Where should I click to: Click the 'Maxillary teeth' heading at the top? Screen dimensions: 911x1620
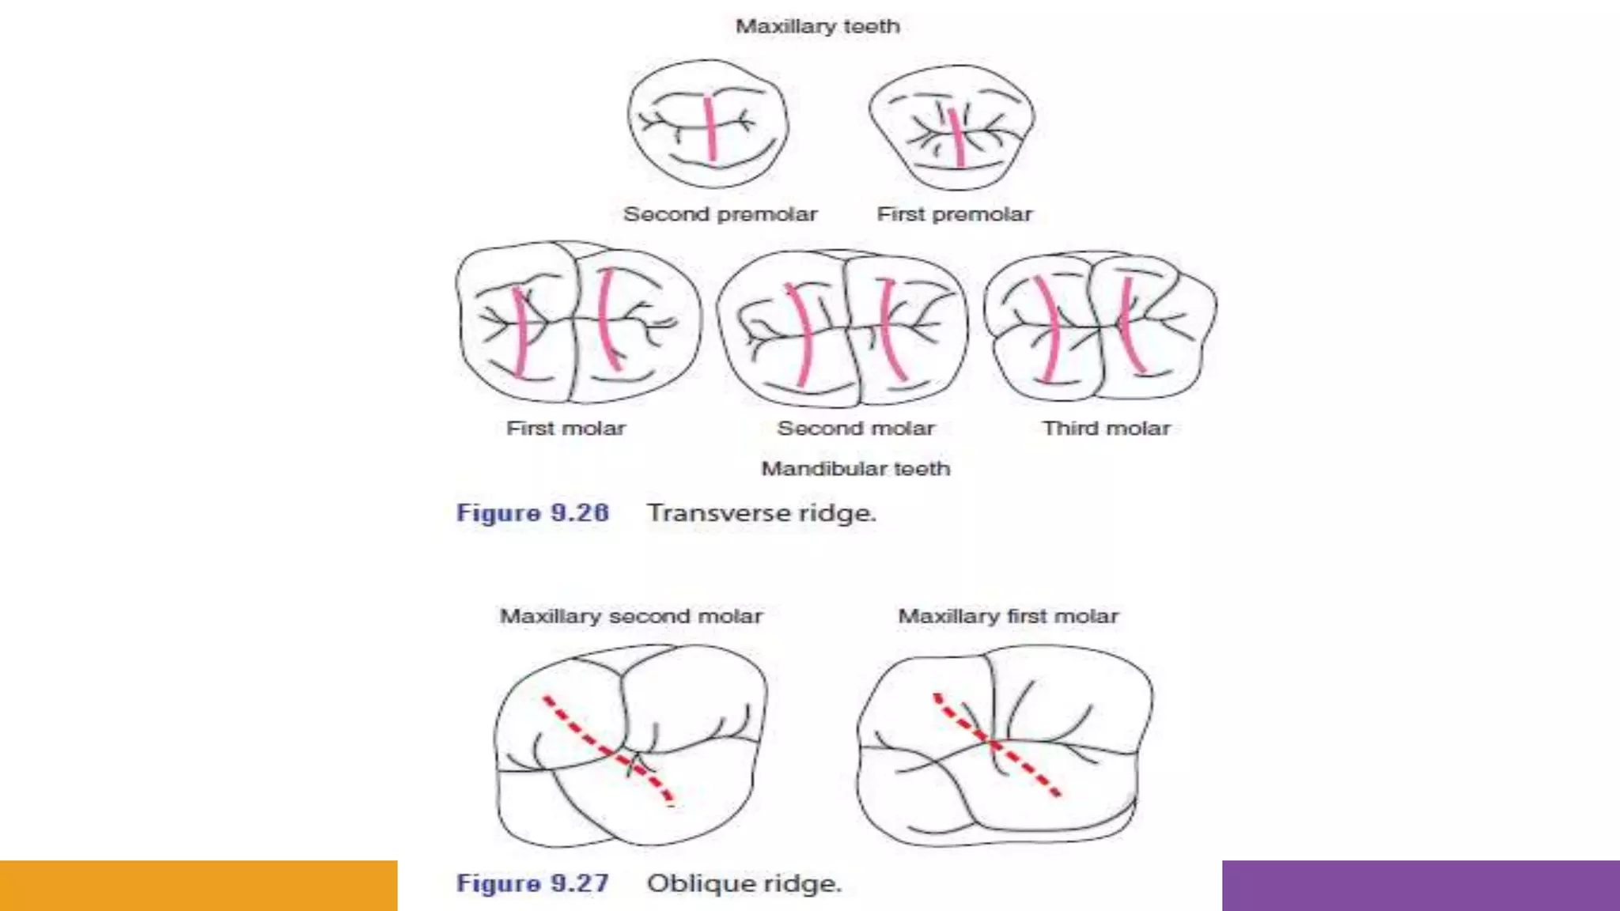coord(818,27)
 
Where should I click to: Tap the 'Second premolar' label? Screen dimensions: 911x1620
coord(720,214)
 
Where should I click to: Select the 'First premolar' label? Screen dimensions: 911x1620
coord(954,214)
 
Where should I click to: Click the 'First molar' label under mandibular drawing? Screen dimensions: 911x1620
coord(566,429)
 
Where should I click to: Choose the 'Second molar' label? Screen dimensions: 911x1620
coord(856,429)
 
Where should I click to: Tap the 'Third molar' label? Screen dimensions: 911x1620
coord(1106,429)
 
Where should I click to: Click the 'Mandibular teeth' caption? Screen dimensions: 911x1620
coord(855,469)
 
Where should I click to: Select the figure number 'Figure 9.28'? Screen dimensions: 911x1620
coord(532,513)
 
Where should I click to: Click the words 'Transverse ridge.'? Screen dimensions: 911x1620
coord(761,513)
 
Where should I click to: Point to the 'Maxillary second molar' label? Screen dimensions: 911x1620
coord(631,616)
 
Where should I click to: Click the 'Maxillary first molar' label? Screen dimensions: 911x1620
coord(1008,616)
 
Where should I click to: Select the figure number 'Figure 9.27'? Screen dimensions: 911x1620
coord(532,883)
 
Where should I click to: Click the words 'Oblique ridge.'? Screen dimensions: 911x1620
coord(744,883)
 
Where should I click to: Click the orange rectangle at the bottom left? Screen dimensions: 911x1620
coord(198,886)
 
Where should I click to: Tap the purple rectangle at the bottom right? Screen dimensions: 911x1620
coord(1421,886)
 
